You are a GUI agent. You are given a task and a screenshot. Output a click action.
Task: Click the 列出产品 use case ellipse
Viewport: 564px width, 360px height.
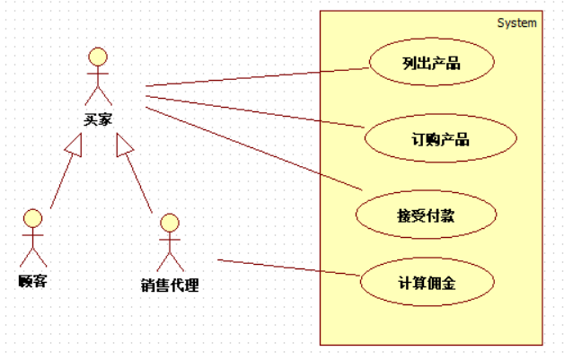click(420, 63)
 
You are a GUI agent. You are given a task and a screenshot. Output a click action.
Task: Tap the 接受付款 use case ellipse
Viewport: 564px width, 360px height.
click(413, 215)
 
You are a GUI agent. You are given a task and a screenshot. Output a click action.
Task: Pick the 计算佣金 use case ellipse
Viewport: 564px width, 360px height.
click(427, 284)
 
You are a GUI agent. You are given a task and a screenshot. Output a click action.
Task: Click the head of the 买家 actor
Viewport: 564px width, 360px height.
click(97, 57)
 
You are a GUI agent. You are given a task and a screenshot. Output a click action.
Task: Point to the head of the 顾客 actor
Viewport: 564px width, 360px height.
click(32, 218)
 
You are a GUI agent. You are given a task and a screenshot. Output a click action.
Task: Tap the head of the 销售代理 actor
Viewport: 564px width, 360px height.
click(168, 223)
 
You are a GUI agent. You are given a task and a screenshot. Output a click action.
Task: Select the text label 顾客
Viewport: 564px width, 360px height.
click(32, 281)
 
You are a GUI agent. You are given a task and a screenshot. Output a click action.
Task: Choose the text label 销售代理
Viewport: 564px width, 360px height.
click(169, 286)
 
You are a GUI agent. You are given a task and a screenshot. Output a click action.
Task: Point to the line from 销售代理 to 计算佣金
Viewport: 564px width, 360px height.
click(287, 268)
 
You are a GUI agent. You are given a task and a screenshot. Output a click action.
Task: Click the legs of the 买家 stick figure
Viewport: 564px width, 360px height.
click(97, 94)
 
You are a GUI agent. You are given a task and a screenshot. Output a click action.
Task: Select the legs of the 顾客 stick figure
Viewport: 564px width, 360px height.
click(32, 255)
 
